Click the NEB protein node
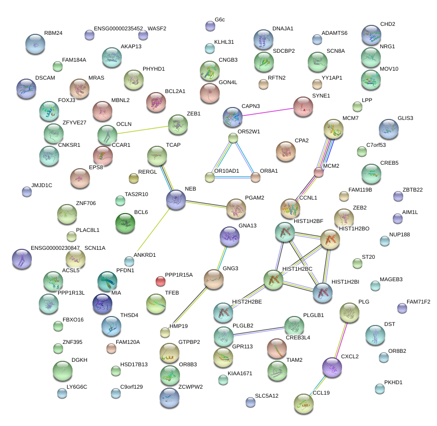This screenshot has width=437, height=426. click(x=176, y=199)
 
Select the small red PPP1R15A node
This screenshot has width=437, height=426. click(x=160, y=281)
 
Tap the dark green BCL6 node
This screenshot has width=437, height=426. click(x=125, y=222)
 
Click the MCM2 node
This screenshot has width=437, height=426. click(x=319, y=172)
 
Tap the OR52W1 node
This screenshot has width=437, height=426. click(x=233, y=138)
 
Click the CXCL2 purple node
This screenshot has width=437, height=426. click(x=332, y=367)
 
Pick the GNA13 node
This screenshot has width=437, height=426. click(x=229, y=236)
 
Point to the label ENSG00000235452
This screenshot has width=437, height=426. click(x=118, y=29)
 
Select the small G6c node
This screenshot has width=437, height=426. click(x=210, y=26)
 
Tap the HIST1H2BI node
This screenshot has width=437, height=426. click(x=323, y=293)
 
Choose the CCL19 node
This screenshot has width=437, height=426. click(x=303, y=404)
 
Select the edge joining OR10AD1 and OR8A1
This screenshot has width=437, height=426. click(x=233, y=177)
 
